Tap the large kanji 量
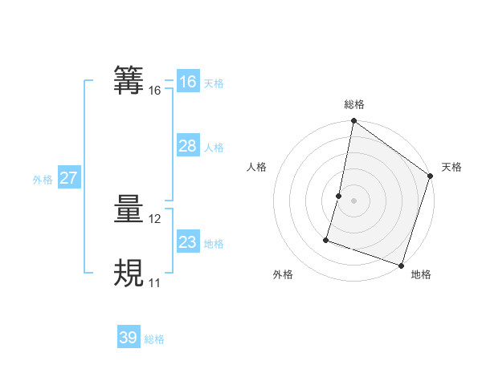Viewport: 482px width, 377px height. click(x=129, y=210)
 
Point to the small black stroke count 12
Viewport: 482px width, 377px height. click(x=155, y=219)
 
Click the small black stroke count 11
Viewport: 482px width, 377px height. click(x=154, y=282)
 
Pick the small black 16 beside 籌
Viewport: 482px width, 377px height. click(x=155, y=91)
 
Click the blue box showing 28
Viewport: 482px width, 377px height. click(x=187, y=146)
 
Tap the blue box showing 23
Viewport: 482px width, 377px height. click(x=187, y=242)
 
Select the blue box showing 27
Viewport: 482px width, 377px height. click(x=68, y=178)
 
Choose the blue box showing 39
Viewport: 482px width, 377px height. click(x=128, y=338)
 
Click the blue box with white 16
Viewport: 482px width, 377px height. click(x=187, y=82)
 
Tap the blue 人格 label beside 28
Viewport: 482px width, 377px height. click(x=214, y=148)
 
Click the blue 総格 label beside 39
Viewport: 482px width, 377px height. click(x=154, y=339)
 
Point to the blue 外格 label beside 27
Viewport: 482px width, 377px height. click(x=43, y=180)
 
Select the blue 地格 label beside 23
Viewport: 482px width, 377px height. click(x=214, y=244)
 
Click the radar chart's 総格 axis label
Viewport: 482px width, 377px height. click(x=354, y=104)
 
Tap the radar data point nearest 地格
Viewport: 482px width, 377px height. click(x=401, y=265)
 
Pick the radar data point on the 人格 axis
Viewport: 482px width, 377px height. click(x=339, y=195)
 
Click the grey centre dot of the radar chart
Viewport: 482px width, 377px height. click(x=353, y=200)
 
